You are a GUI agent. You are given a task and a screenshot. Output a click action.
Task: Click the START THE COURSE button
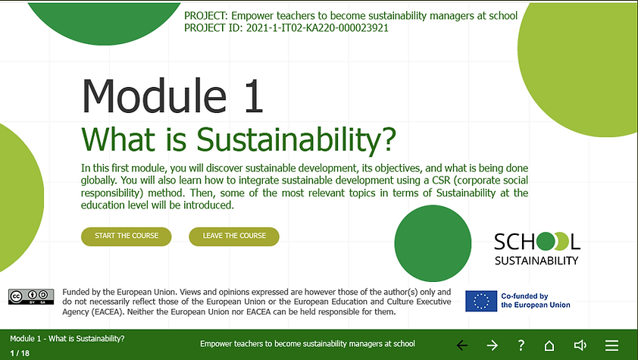click(x=127, y=236)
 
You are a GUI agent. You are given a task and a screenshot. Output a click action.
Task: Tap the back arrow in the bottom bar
click(x=462, y=345)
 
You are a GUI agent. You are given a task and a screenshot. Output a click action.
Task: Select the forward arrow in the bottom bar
click(x=492, y=345)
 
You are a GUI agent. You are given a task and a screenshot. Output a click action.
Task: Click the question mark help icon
click(x=521, y=345)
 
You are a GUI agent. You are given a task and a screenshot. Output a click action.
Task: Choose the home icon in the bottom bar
click(x=551, y=345)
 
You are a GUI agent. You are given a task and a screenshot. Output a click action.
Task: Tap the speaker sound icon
click(x=580, y=345)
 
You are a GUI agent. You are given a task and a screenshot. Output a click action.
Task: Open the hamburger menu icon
click(x=611, y=345)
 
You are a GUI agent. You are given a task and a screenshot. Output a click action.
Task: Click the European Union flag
click(x=481, y=300)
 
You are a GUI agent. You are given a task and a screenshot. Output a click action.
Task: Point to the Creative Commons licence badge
click(x=31, y=296)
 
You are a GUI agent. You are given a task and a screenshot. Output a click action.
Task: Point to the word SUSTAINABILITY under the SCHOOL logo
click(x=536, y=261)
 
